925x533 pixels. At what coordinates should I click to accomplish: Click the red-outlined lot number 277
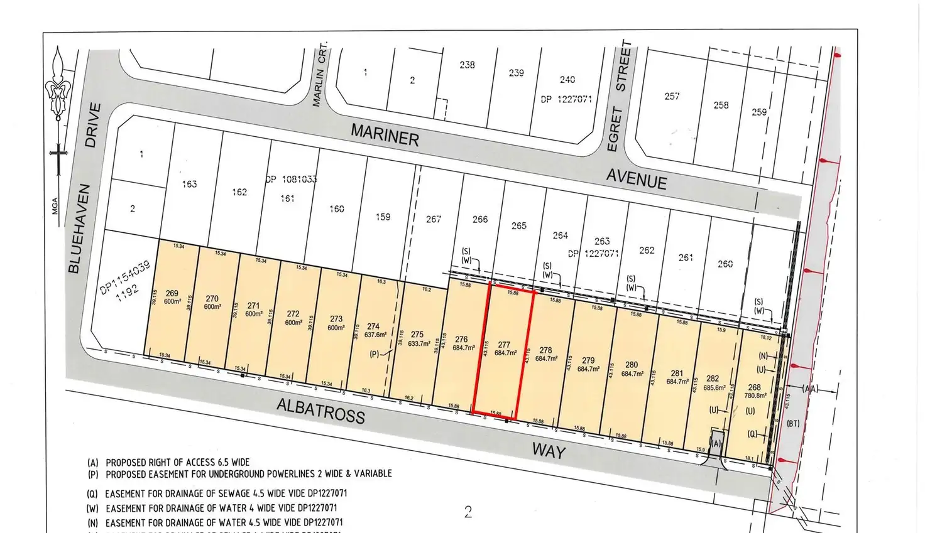[x=504, y=345]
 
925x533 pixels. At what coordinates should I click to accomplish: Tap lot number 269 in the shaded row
[x=172, y=293]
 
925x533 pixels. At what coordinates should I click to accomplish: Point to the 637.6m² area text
[x=373, y=335]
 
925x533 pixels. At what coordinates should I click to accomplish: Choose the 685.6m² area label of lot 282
[x=713, y=387]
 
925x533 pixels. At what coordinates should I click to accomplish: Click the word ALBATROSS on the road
[x=320, y=411]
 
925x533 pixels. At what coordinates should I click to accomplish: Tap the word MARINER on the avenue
[x=385, y=134]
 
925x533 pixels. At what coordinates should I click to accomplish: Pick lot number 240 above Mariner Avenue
[x=567, y=80]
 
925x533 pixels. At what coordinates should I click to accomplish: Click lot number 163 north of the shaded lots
[x=189, y=184]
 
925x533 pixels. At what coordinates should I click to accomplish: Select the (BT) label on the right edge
[x=793, y=423]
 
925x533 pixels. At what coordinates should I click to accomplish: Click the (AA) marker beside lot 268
[x=810, y=389]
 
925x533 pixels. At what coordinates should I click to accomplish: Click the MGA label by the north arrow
[x=55, y=205]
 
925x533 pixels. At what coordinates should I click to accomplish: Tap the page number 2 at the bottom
[x=468, y=512]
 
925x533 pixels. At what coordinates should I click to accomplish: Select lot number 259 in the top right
[x=759, y=112]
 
